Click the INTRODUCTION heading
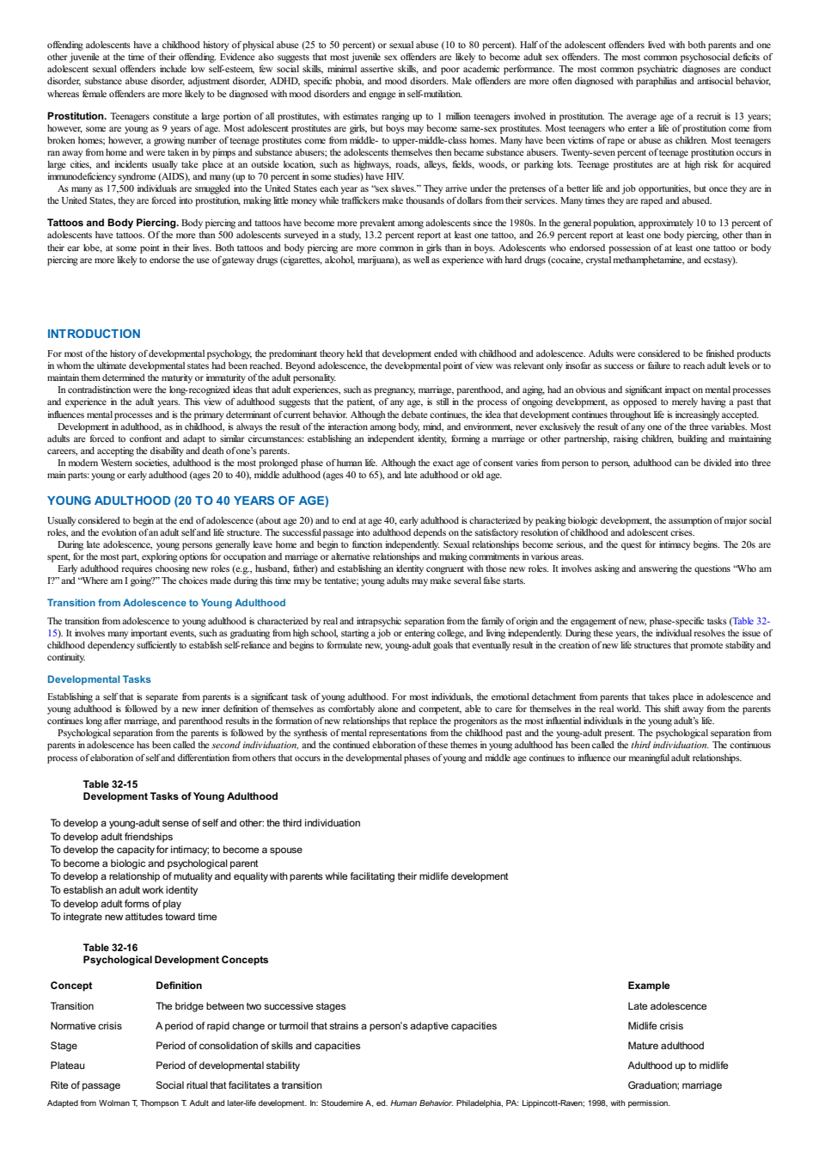(94, 334)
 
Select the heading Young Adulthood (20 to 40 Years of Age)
(188, 501)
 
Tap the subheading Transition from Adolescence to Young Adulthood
(166, 603)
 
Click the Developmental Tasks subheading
(99, 679)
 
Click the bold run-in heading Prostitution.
(76, 116)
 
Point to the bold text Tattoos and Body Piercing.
(113, 223)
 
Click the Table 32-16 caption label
(110, 948)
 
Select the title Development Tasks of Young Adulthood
(180, 796)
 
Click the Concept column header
(71, 986)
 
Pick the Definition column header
(179, 986)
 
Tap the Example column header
(649, 986)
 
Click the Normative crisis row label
(86, 1026)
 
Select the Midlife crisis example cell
(656, 1026)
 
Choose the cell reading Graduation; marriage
(675, 1084)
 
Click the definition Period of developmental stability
(228, 1066)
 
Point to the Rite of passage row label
(85, 1084)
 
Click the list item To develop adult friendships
(112, 837)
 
